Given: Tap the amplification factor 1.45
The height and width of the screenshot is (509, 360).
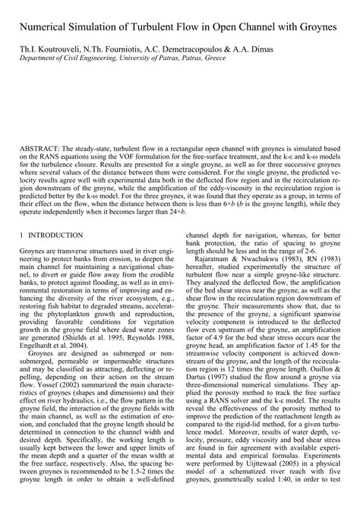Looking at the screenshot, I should (298, 372).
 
